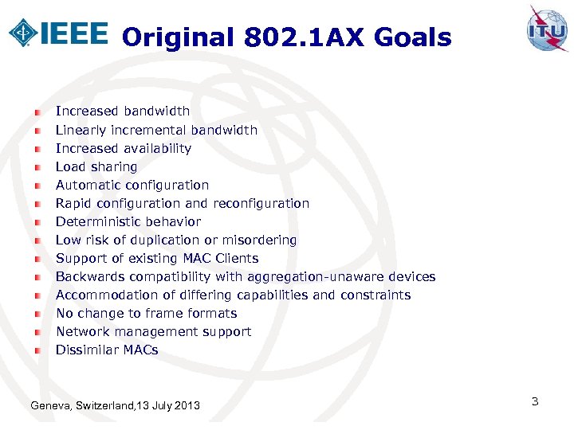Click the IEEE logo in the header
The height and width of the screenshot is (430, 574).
57,33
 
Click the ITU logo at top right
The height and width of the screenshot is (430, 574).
547,29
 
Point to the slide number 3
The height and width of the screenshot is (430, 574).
535,401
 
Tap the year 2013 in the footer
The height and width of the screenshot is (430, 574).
187,407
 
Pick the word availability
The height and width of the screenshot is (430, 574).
158,148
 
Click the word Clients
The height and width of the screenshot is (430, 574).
237,258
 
